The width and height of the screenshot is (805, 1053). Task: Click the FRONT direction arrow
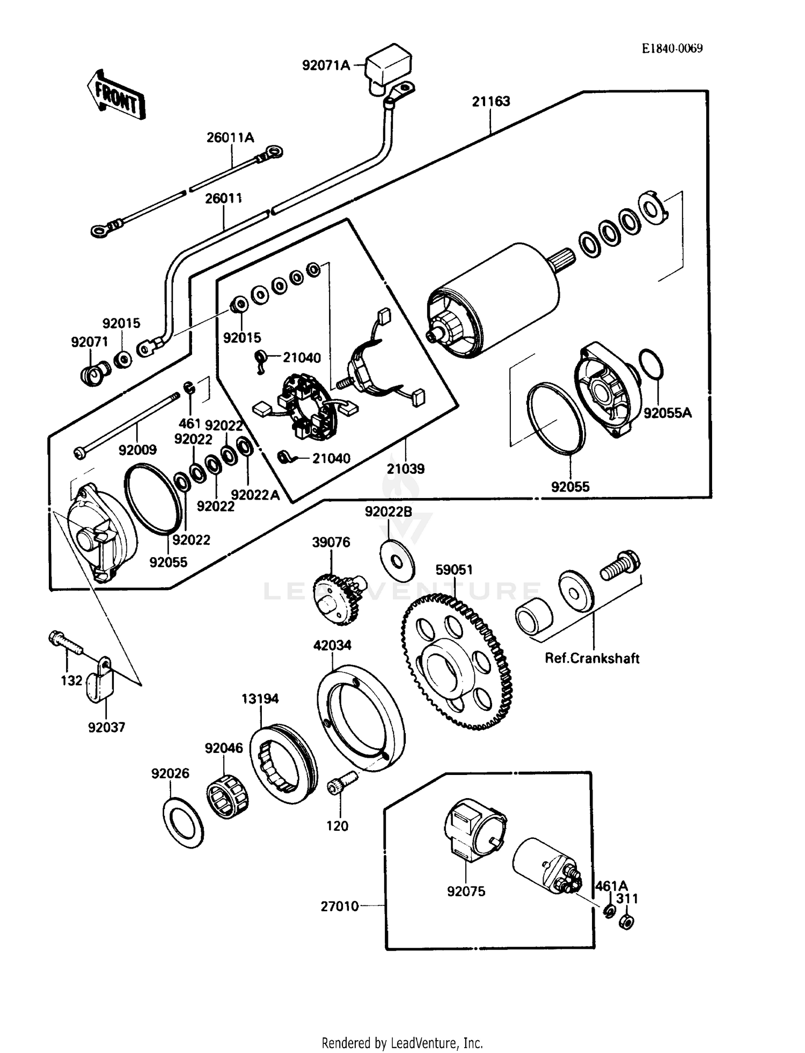[115, 95]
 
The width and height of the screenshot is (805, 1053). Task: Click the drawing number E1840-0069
[672, 48]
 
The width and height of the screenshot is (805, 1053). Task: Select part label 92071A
[325, 65]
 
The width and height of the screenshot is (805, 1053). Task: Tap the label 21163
[491, 101]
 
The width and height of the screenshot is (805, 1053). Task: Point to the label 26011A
[230, 138]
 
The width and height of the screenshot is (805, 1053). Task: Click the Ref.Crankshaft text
[591, 659]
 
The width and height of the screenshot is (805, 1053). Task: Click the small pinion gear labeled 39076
[335, 599]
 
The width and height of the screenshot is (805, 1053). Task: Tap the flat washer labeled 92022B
[397, 561]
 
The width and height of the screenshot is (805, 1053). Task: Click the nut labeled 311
[626, 923]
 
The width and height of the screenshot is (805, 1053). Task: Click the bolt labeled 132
[65, 642]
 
